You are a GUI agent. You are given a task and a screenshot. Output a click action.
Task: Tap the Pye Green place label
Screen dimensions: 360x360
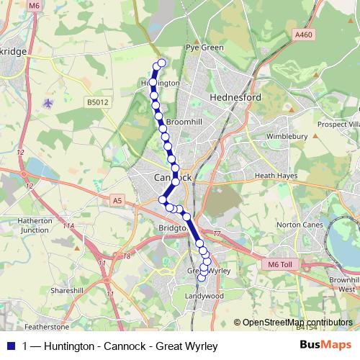coord(204,48)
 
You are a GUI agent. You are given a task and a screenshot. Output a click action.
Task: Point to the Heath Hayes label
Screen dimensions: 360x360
coord(276,175)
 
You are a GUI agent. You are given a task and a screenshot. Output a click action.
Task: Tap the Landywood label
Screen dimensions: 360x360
coord(204,296)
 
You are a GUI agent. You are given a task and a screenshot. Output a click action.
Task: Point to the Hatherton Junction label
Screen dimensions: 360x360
coord(35,225)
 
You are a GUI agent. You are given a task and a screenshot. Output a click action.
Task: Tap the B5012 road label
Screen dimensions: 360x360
coord(96,103)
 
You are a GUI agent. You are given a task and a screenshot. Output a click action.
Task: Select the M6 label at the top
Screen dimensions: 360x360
coord(35,6)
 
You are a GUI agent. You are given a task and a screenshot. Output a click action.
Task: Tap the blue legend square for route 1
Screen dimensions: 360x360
coord(9,346)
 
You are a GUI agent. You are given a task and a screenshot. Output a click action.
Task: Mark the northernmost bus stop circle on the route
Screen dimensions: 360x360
coord(161,63)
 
